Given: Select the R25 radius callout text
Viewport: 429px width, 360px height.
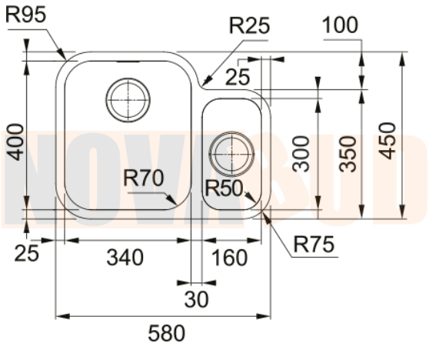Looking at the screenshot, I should (250, 25).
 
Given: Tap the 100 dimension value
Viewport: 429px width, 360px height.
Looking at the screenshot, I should (340, 25).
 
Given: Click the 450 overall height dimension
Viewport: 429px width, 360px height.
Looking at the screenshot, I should (390, 141).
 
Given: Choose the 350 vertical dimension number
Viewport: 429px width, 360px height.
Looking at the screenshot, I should (349, 153).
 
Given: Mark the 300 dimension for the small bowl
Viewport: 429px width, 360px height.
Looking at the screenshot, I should (302, 153).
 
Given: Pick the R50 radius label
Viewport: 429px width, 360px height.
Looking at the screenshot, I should (224, 188).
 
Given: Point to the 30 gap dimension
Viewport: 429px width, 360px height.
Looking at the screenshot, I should (197, 300).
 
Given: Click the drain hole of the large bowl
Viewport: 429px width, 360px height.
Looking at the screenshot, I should (128, 99).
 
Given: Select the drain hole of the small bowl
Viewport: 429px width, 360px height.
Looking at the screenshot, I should (231, 152).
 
